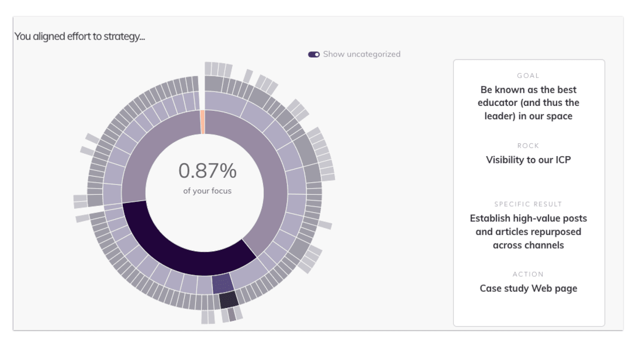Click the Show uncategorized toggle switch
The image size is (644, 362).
314,54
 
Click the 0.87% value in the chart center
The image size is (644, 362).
207,171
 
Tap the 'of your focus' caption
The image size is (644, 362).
207,191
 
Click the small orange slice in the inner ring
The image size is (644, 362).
203,122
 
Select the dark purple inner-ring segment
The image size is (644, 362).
180,249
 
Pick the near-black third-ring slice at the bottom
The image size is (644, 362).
228,300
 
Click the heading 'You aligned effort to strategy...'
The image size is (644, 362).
80,36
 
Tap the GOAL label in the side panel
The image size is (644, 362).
528,75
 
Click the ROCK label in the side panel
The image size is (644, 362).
528,146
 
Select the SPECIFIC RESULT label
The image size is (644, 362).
528,204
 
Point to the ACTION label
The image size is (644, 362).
528,274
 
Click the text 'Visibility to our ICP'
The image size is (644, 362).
528,160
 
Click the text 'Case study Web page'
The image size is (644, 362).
528,288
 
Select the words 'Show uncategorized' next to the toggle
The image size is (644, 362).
361,54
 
